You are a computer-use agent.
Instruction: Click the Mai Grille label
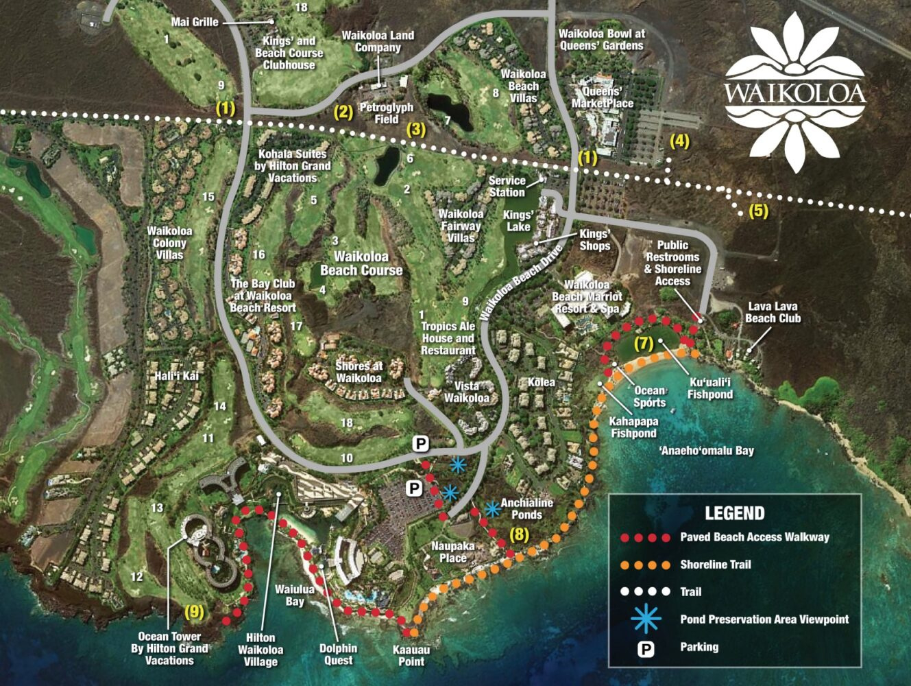pos(195,22)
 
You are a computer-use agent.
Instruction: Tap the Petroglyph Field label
pos(387,113)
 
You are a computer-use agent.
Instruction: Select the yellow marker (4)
pos(679,142)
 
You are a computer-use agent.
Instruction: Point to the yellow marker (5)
pos(758,211)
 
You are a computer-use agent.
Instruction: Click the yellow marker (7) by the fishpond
pos(644,344)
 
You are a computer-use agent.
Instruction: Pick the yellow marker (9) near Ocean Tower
pos(195,610)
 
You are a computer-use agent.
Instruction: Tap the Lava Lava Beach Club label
pos(773,312)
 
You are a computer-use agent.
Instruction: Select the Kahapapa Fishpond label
pos(634,427)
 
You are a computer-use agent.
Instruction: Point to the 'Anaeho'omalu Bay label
pos(706,451)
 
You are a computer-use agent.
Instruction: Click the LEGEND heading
pos(734,513)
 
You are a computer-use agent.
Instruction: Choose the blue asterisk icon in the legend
pos(646,619)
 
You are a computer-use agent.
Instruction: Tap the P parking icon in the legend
pos(646,647)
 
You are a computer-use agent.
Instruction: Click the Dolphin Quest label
pos(338,654)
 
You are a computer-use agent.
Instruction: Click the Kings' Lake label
pos(518,220)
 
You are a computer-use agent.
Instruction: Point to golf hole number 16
pos(258,255)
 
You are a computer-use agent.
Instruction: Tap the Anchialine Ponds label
pos(526,508)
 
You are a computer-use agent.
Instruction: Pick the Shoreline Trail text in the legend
pos(715,565)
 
